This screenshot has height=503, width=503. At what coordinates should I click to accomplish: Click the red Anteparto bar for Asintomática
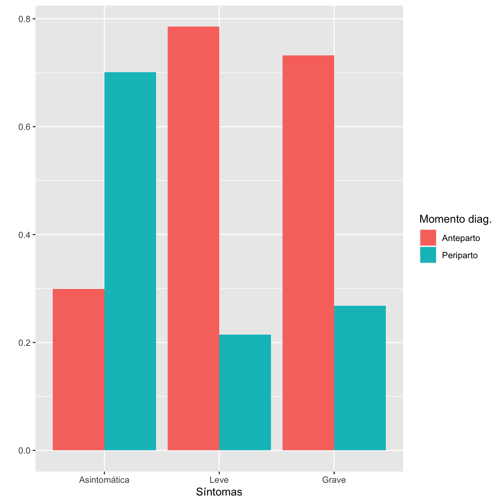79,369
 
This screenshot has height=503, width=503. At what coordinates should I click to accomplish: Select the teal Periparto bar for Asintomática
130,261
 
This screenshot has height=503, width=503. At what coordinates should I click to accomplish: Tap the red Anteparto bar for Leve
193,238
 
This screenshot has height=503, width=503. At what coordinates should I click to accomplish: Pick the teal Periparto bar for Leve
245,392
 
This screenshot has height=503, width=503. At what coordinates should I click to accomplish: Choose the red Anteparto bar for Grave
308,253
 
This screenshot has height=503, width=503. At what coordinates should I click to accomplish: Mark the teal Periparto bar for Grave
360,378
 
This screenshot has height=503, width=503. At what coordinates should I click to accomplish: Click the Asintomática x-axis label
104,480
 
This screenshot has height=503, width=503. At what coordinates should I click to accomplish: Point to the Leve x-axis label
219,480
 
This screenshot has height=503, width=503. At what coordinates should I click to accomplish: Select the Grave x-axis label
334,480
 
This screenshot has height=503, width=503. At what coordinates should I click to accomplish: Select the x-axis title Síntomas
219,492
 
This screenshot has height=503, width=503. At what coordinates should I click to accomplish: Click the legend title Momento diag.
455,219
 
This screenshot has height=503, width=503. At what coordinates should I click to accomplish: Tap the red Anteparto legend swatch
428,238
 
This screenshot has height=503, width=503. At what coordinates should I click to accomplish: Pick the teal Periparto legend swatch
428,255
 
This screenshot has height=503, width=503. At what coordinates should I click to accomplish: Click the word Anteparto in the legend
461,238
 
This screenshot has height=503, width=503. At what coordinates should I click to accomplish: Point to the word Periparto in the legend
460,255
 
